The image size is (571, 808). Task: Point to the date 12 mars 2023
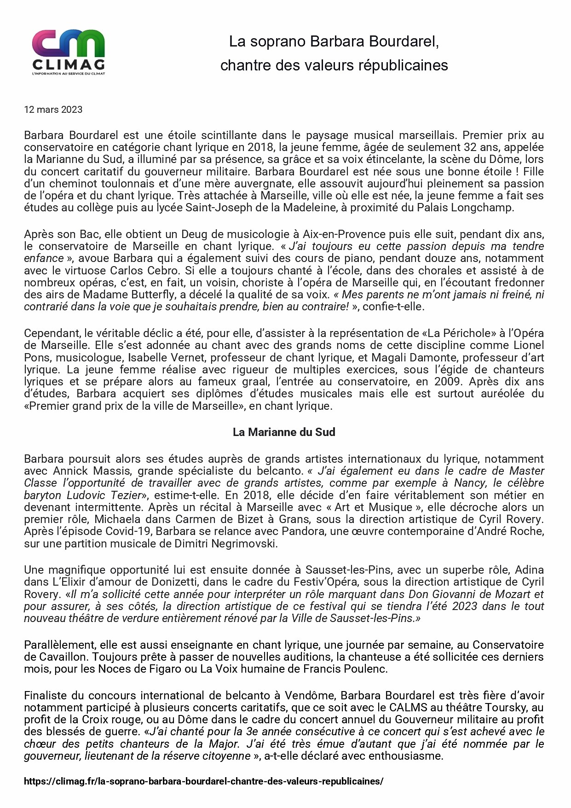53,110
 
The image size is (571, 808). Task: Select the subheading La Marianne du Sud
284,432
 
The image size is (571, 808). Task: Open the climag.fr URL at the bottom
203,781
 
